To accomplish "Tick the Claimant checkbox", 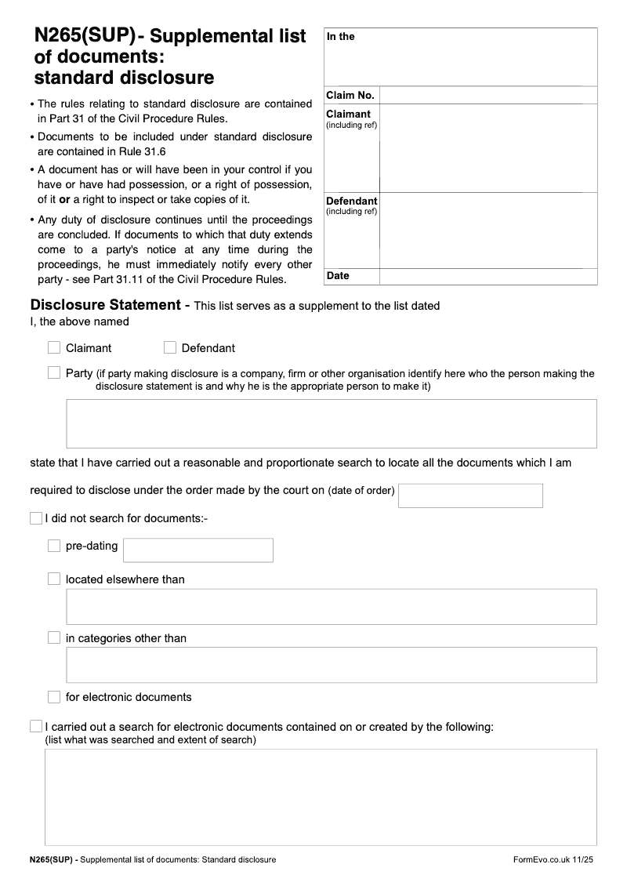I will [x=54, y=347].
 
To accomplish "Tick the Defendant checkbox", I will [x=170, y=347].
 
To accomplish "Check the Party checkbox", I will [x=54, y=373].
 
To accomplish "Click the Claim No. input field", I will [x=487, y=96].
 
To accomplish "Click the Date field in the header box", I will [x=487, y=276].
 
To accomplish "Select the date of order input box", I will [x=470, y=496].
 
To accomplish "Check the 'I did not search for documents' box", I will [x=36, y=518].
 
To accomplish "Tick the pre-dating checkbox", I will [x=54, y=546].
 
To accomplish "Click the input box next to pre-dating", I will [x=198, y=550].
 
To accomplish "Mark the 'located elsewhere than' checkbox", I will [x=54, y=579].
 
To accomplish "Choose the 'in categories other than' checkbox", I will [x=54, y=637].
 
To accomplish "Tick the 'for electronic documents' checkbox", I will [x=54, y=696].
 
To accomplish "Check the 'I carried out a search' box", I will [x=36, y=726].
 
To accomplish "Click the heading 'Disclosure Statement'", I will [x=105, y=305].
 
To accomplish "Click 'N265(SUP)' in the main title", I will [x=85, y=36].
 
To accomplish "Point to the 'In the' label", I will [x=341, y=37].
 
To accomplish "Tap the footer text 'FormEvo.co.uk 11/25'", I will [x=553, y=860].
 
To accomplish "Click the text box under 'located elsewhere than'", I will [x=332, y=606].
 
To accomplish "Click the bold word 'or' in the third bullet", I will [x=65, y=198].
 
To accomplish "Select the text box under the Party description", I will [x=332, y=423].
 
